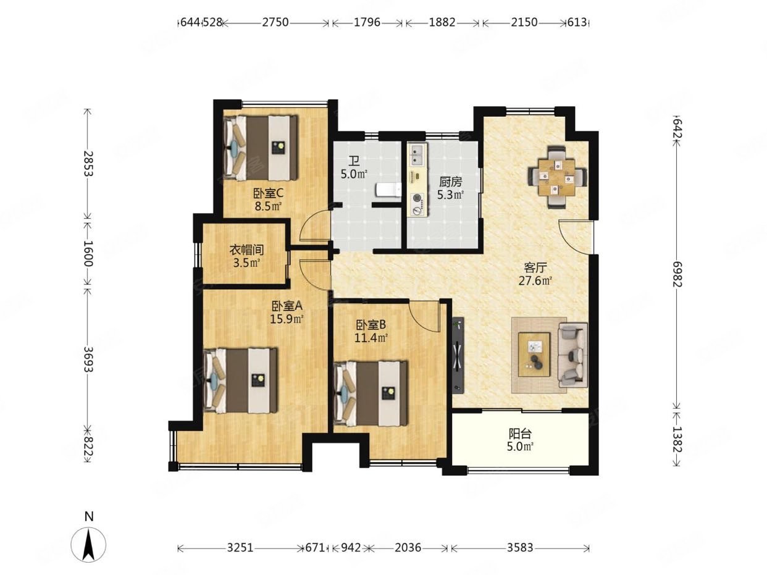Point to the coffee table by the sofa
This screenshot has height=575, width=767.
click(534, 355)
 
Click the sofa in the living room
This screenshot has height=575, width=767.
click(572, 355)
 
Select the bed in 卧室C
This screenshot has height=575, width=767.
click(261, 148)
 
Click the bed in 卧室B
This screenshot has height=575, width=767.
click(371, 393)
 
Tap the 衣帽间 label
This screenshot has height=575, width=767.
click(246, 250)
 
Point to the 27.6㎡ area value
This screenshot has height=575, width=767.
click(535, 280)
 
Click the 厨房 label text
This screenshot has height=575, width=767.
click(450, 182)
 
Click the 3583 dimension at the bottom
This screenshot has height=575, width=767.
click(520, 547)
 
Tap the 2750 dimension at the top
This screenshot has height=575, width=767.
click(275, 22)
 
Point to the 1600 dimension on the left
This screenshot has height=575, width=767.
click(88, 253)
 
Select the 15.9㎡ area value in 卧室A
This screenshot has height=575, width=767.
click(286, 319)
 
